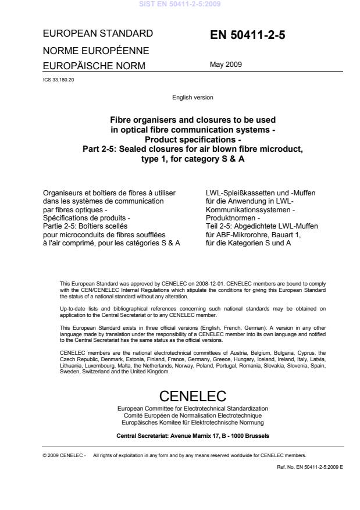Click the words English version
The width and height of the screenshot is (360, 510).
tap(192, 98)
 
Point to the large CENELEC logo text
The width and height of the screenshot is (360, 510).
tap(192, 397)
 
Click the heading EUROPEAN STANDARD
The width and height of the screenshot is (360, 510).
tap(98, 33)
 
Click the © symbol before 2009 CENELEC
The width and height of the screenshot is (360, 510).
tap(44, 455)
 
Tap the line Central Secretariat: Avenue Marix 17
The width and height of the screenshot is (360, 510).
tap(192, 434)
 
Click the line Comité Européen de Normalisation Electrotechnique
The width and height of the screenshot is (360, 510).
tap(192, 416)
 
